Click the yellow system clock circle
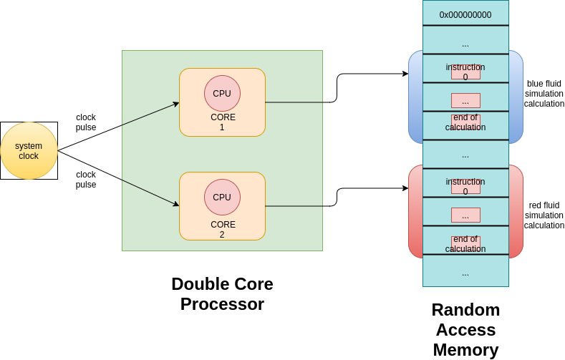tap(29, 150)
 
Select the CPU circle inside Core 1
tap(222, 93)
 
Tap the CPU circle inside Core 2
tap(222, 197)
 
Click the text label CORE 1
tap(222, 122)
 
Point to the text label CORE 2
tap(222, 229)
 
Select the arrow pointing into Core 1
tap(150, 114)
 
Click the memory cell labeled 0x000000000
tap(465, 14)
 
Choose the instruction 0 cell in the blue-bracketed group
tap(465, 69)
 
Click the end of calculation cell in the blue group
tap(465, 125)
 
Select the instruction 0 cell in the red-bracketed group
tap(465, 183)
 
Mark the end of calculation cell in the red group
tap(465, 240)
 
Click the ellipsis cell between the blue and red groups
tap(465, 154)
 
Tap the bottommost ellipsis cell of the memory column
tap(465, 272)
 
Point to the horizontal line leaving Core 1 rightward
tap(294, 102)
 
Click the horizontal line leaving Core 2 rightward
tap(294, 206)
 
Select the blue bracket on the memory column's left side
tap(414, 97)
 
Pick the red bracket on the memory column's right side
tap(517, 211)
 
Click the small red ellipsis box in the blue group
tap(465, 100)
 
